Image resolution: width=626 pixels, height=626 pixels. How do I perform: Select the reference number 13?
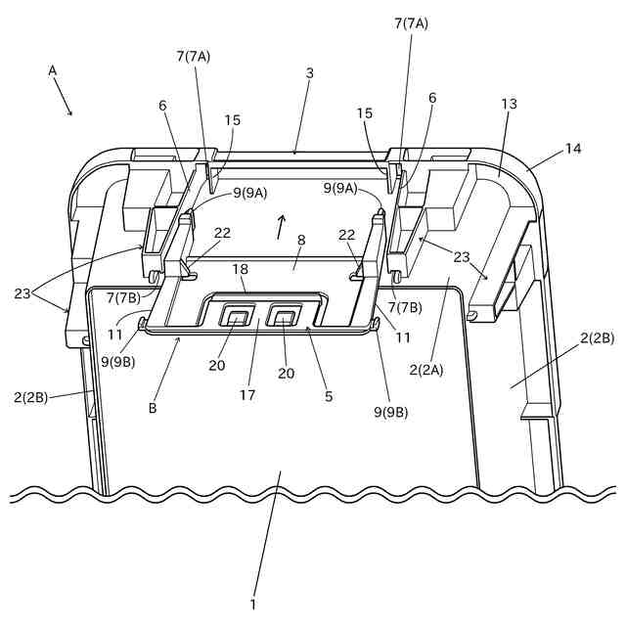pyautogui.click(x=508, y=104)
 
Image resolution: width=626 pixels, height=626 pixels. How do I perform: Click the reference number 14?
pyautogui.click(x=571, y=149)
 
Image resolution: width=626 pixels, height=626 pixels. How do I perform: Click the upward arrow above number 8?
pyautogui.click(x=282, y=225)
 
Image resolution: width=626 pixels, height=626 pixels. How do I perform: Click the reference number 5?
pyautogui.click(x=329, y=396)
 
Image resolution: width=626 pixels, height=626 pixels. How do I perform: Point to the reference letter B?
pyautogui.click(x=153, y=409)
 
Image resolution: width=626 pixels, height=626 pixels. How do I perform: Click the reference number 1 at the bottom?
pyautogui.click(x=252, y=604)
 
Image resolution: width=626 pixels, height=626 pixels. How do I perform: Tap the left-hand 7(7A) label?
pyautogui.click(x=194, y=56)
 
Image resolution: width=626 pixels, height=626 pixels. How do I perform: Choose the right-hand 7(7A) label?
pyautogui.click(x=411, y=22)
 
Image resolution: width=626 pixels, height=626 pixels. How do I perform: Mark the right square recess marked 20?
pyautogui.click(x=285, y=316)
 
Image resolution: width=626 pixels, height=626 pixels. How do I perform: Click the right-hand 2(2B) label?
pyautogui.click(x=597, y=338)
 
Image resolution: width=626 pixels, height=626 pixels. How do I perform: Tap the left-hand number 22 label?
pyautogui.click(x=223, y=234)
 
